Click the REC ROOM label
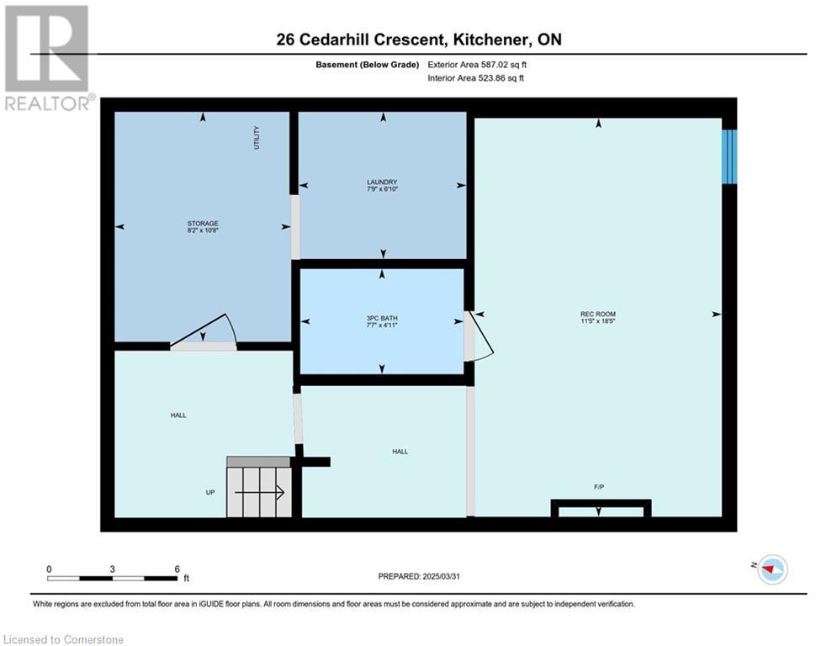(x=598, y=314)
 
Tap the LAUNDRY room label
(x=382, y=182)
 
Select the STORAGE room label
(x=203, y=223)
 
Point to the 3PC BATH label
(x=382, y=318)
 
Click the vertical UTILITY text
(x=257, y=138)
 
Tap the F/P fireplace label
(x=599, y=487)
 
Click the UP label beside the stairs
(x=210, y=492)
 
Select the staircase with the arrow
(x=259, y=487)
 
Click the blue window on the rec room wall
(x=729, y=156)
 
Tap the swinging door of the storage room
(x=204, y=332)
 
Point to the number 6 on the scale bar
(x=177, y=569)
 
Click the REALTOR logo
(x=49, y=58)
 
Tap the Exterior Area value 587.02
(x=496, y=65)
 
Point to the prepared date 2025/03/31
(x=441, y=576)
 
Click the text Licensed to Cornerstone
(x=64, y=639)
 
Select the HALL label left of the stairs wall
(x=178, y=416)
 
